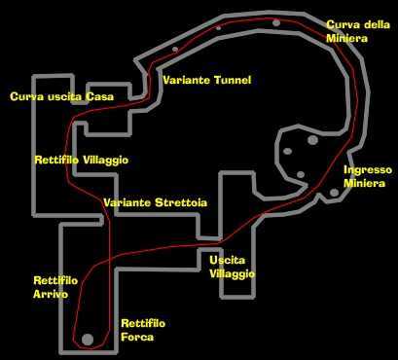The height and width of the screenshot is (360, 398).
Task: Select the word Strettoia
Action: pos(181,202)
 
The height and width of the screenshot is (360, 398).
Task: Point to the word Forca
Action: pos(137,337)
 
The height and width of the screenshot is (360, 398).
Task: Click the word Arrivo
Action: pos(51,294)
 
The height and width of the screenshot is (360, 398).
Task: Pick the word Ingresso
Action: pos(368,170)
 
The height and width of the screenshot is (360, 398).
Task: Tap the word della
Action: pos(377,24)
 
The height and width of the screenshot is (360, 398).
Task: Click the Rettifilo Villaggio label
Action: pos(81,160)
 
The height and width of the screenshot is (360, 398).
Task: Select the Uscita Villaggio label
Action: pos(232,267)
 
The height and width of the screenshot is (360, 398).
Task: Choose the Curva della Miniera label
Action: pos(358,31)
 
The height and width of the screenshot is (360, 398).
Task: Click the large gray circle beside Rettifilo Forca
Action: pos(88,340)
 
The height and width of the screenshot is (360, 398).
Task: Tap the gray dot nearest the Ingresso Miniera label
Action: pos(335,193)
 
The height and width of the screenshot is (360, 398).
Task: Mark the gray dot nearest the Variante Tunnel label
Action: pos(175,50)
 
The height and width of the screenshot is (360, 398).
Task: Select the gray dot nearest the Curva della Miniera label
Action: pos(276,22)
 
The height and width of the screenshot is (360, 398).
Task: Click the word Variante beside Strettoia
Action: pos(127,202)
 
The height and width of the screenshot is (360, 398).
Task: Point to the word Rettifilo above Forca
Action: pos(143,323)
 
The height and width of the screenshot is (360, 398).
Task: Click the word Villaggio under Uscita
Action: pos(232,274)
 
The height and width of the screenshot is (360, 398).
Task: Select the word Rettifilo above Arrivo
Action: pos(55,280)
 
